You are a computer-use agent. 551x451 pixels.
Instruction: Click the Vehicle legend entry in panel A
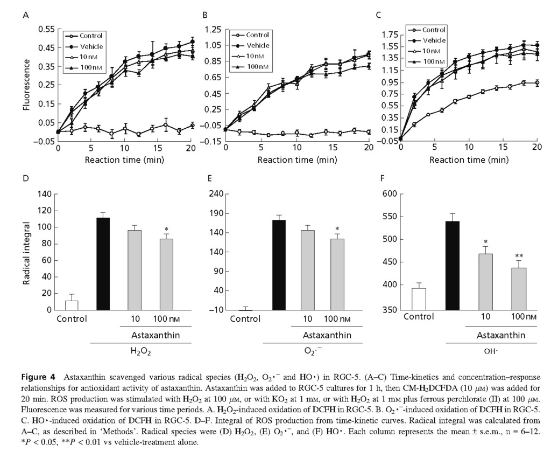91,46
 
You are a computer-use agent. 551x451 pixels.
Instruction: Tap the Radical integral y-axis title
26,251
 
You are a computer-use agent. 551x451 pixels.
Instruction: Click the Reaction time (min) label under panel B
295,160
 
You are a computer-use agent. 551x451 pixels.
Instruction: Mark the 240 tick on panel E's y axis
216,194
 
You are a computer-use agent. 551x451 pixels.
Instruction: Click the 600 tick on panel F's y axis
388,194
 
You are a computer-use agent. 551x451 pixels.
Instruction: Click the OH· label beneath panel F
492,351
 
